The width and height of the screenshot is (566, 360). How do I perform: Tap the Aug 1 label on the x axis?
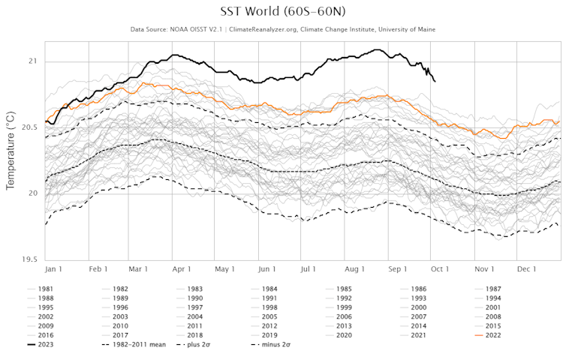(x=354, y=268)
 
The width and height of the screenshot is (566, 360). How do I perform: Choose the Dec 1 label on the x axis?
(x=526, y=268)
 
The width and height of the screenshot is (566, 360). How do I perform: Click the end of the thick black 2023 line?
(x=435, y=81)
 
